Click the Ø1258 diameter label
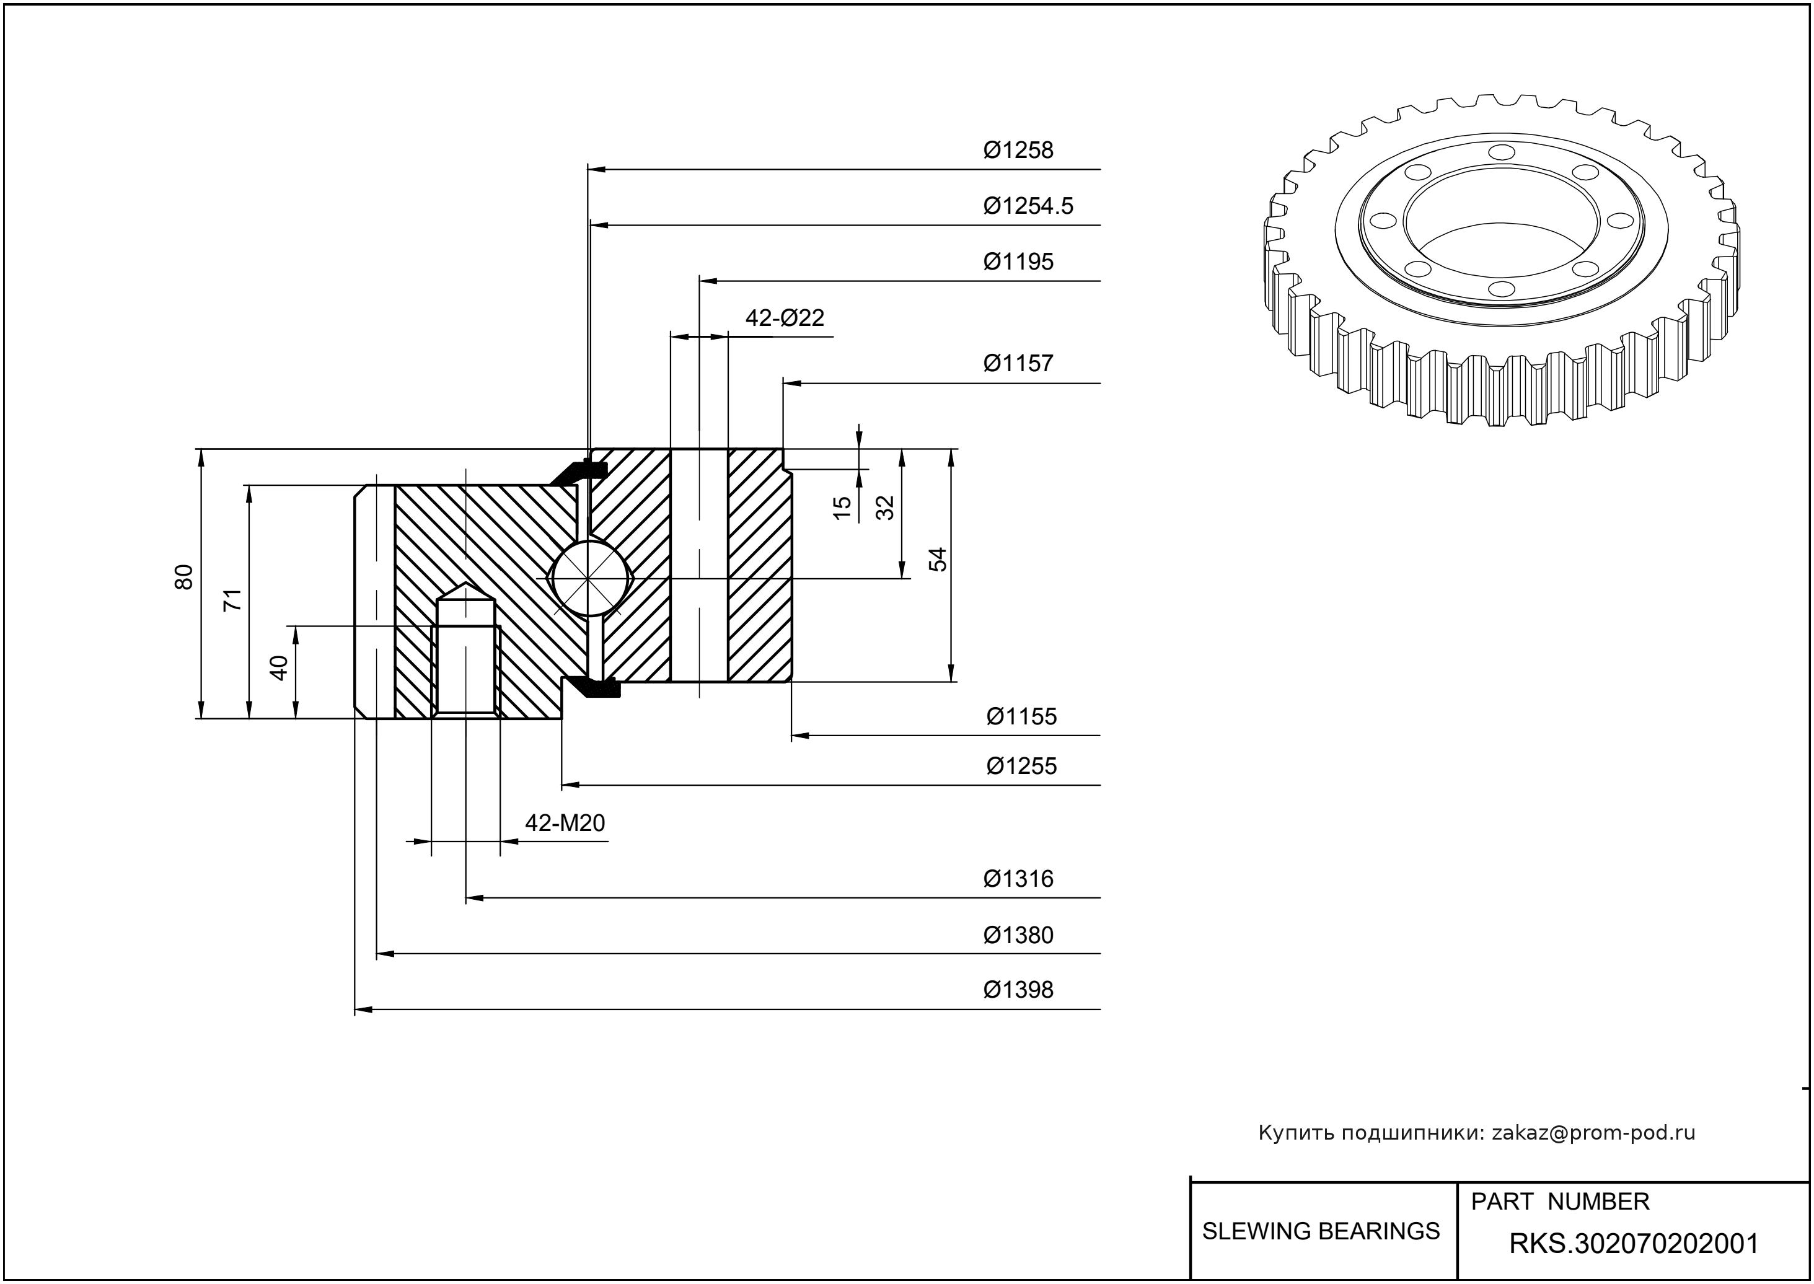[x=1018, y=149]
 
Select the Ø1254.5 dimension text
[x=1028, y=206]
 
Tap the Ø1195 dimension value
[x=1018, y=262]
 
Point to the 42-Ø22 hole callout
[x=785, y=318]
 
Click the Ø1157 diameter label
[x=1018, y=363]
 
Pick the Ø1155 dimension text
[x=1021, y=716]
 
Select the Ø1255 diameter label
[x=1021, y=765]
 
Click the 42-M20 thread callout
[x=565, y=823]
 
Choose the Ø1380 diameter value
[x=1018, y=935]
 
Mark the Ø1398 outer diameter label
[x=1018, y=990]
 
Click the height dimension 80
[x=183, y=576]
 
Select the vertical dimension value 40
[x=278, y=668]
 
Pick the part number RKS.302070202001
[x=1634, y=1244]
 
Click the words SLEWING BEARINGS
[x=1321, y=1231]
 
